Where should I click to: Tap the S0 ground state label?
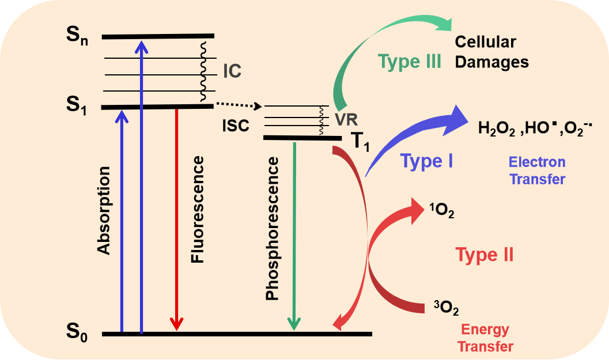click(x=76, y=334)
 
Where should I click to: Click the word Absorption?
click(x=104, y=211)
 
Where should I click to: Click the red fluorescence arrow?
click(x=177, y=219)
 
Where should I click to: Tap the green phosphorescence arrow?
click(x=294, y=230)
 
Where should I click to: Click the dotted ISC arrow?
click(x=239, y=105)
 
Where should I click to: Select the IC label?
click(x=232, y=71)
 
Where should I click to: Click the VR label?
click(x=346, y=120)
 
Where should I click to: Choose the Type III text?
click(x=410, y=61)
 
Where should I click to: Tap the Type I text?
click(x=426, y=161)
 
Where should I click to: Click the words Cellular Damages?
click(x=491, y=52)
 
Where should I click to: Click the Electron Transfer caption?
click(x=537, y=170)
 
